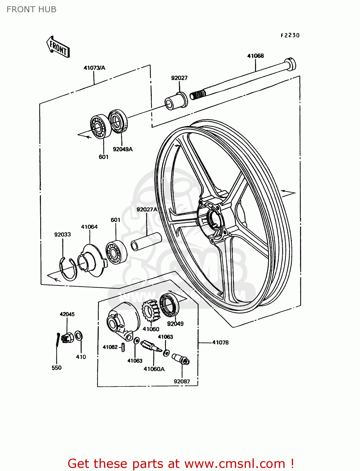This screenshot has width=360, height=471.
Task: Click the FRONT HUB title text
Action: [x=31, y=9]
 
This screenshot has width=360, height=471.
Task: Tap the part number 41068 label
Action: [x=255, y=56]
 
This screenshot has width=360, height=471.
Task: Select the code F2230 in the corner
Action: [x=290, y=35]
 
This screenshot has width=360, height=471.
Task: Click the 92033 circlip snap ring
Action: [x=68, y=269]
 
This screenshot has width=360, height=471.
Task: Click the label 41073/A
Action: [x=94, y=68]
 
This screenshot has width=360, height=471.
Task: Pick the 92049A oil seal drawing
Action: [x=118, y=121]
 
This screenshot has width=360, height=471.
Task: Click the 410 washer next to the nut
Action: [x=79, y=336]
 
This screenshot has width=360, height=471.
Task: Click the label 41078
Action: [x=220, y=343]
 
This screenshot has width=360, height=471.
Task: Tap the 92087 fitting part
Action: [x=180, y=359]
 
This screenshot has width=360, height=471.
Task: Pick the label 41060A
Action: [x=154, y=369]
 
